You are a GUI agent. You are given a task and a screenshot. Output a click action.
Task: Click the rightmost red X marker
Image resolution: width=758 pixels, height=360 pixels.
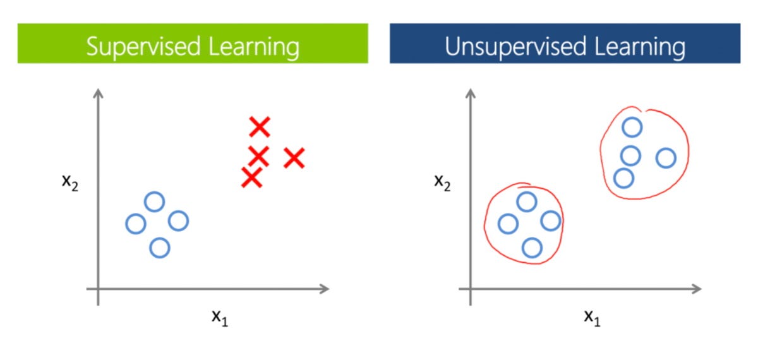[294, 158]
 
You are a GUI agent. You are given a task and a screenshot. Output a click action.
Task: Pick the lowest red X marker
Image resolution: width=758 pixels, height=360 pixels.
[251, 178]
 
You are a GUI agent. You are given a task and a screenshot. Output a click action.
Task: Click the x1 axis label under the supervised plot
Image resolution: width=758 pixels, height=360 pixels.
[219, 316]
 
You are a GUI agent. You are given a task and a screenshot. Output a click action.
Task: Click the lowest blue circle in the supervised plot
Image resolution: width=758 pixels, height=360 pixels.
[160, 248]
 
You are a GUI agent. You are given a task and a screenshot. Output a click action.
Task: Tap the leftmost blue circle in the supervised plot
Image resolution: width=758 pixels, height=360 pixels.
[135, 223]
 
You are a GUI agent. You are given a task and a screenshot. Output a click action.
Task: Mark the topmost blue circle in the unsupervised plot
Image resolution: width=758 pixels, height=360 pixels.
[632, 128]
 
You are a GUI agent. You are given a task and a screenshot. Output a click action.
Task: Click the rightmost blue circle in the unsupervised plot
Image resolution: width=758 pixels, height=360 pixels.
[666, 158]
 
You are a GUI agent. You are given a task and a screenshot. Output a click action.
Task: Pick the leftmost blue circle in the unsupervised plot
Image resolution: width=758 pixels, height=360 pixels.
[508, 223]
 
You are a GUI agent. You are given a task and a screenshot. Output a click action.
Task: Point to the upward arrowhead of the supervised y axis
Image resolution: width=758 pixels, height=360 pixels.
[98, 93]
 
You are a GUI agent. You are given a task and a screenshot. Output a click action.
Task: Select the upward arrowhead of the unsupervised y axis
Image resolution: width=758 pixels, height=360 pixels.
[471, 93]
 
